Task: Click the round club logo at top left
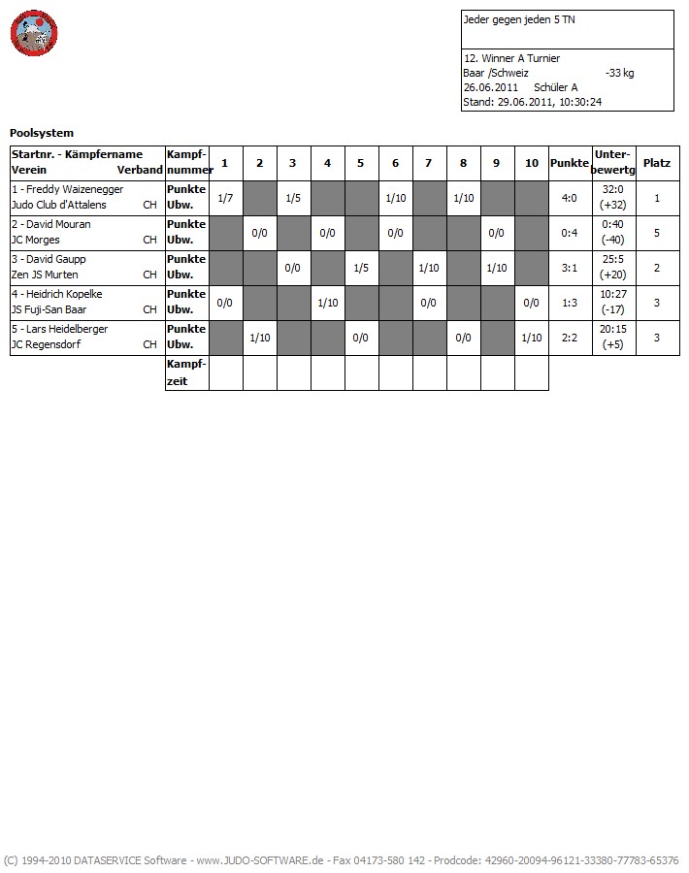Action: (x=34, y=34)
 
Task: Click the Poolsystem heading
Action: (x=42, y=133)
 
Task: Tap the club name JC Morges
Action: (x=35, y=240)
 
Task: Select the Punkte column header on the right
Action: (x=570, y=163)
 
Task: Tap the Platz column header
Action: (x=657, y=163)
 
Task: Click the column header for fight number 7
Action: (x=429, y=163)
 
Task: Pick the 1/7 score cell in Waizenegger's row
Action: (x=225, y=198)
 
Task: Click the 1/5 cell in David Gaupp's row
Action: (x=361, y=268)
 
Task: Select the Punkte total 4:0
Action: (x=570, y=198)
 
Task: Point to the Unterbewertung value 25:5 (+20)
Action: (x=613, y=268)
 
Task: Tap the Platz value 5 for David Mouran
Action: (x=657, y=233)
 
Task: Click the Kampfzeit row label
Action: (x=185, y=372)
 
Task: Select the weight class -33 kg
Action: (x=619, y=73)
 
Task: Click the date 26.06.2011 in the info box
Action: (x=491, y=87)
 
